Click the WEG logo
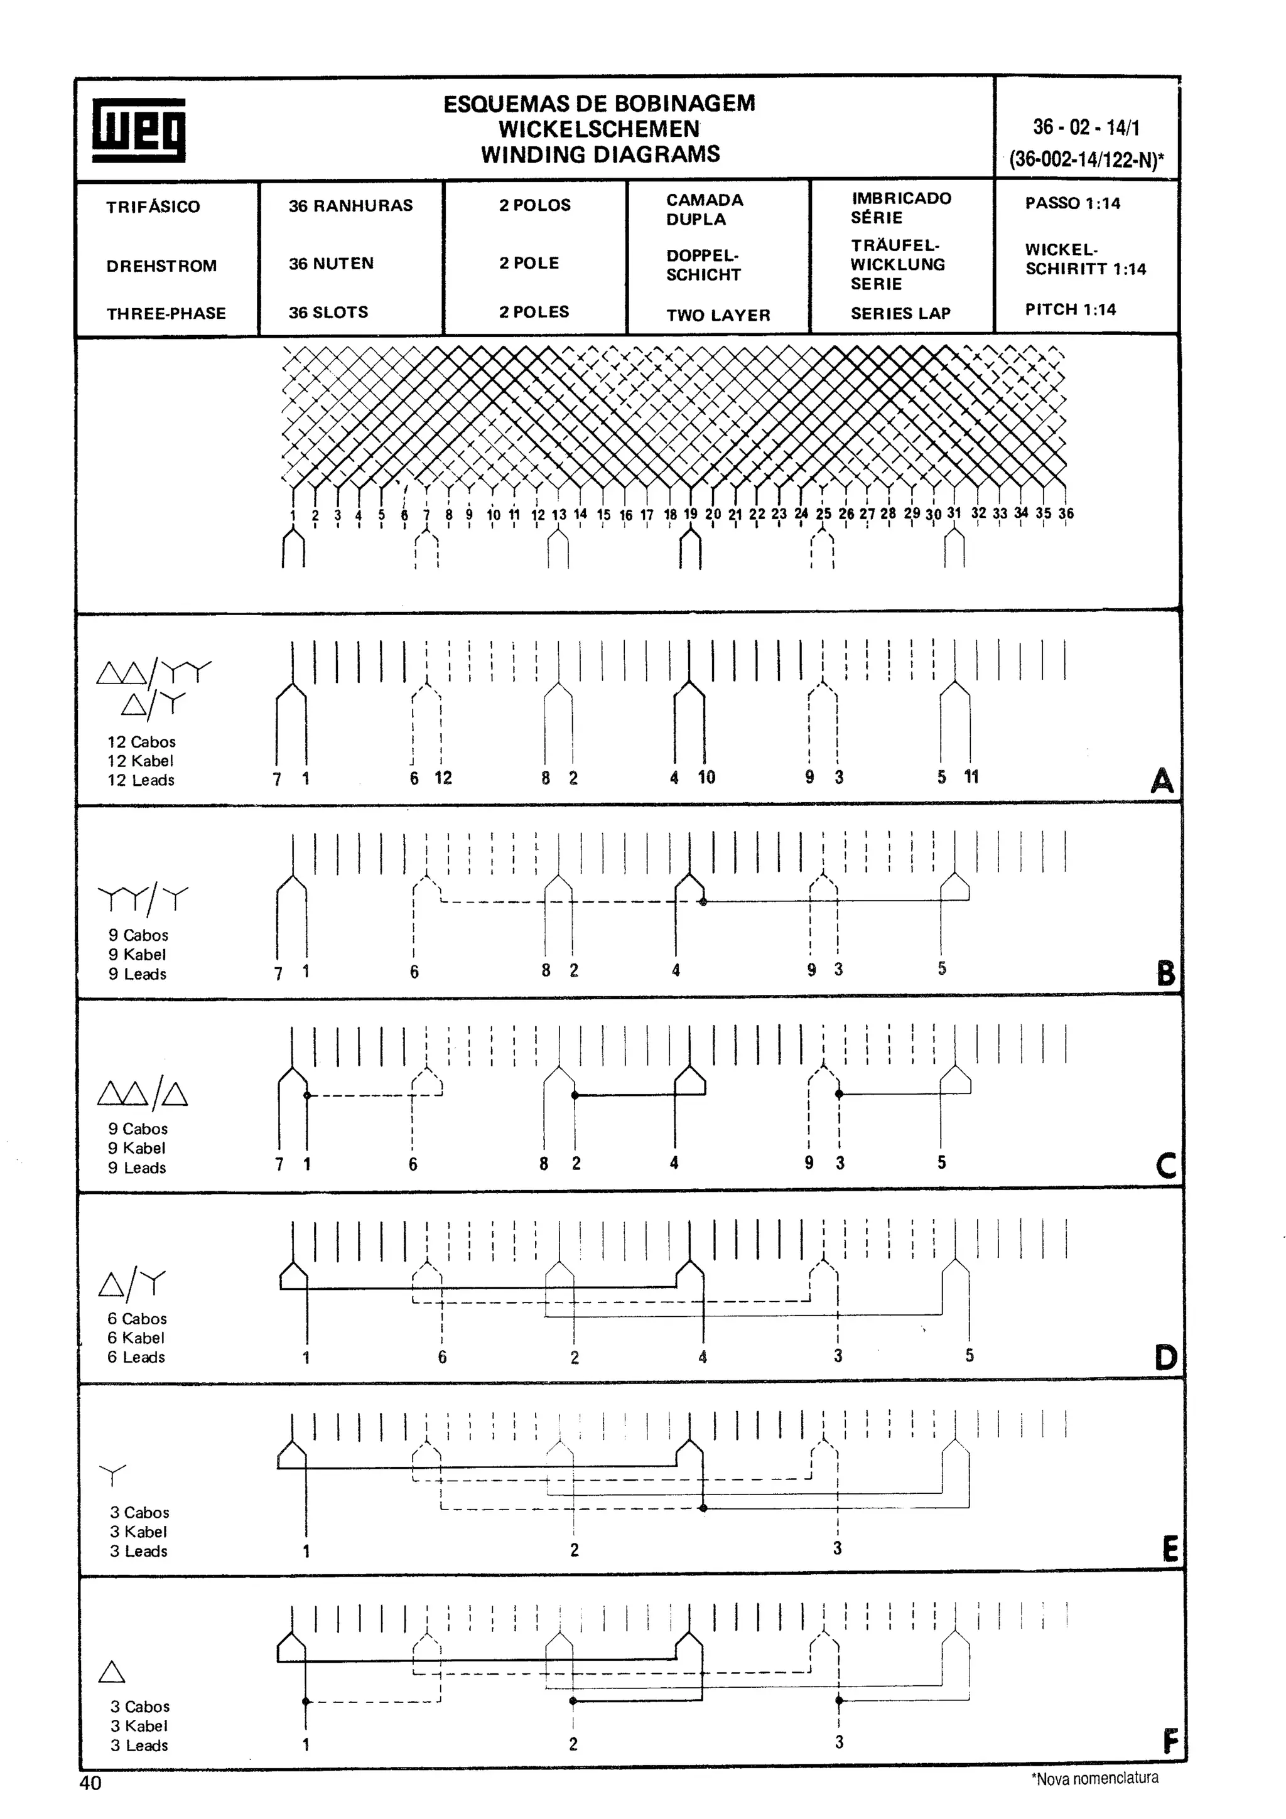coord(139,130)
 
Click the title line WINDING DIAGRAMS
coord(600,154)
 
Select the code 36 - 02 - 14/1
coord(1086,127)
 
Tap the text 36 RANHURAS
coord(350,205)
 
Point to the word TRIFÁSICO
coord(153,207)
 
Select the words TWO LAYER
coord(718,314)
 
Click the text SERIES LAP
coord(900,313)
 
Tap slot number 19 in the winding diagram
coord(690,513)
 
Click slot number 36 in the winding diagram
coord(1066,513)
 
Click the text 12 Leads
coord(141,780)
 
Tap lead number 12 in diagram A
coord(443,778)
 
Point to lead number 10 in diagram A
coord(706,777)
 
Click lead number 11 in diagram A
coord(971,776)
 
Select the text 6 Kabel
coord(136,1338)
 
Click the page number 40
coord(90,1783)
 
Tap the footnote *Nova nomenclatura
coord(1094,1778)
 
